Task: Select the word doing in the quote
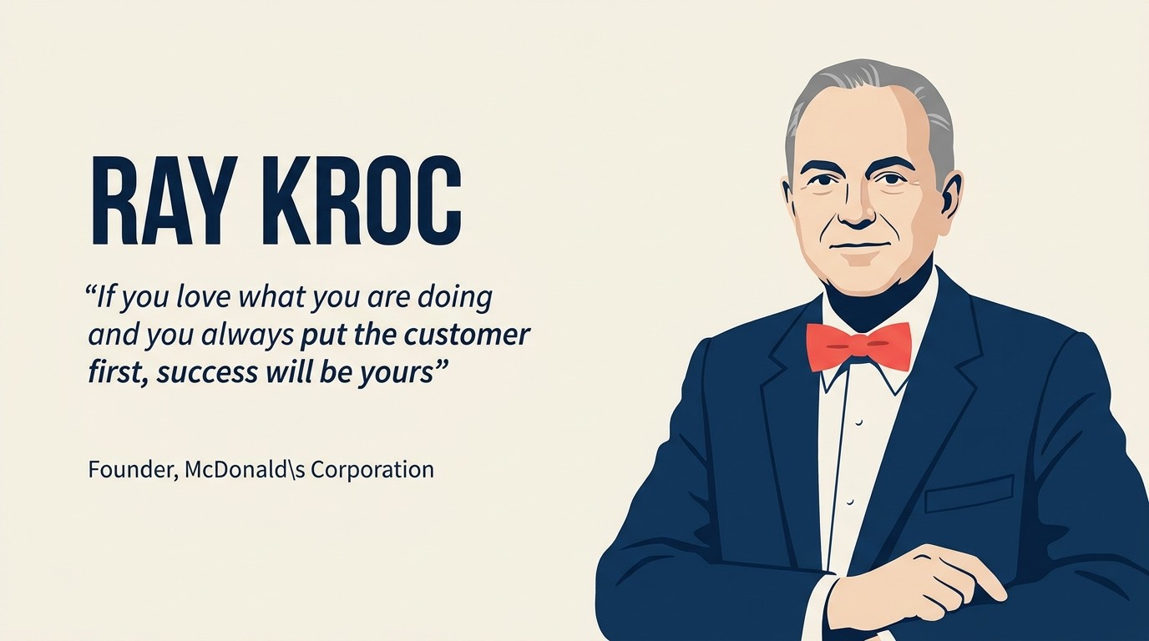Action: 455,298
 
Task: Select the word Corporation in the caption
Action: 372,470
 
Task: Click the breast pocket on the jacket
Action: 969,494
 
